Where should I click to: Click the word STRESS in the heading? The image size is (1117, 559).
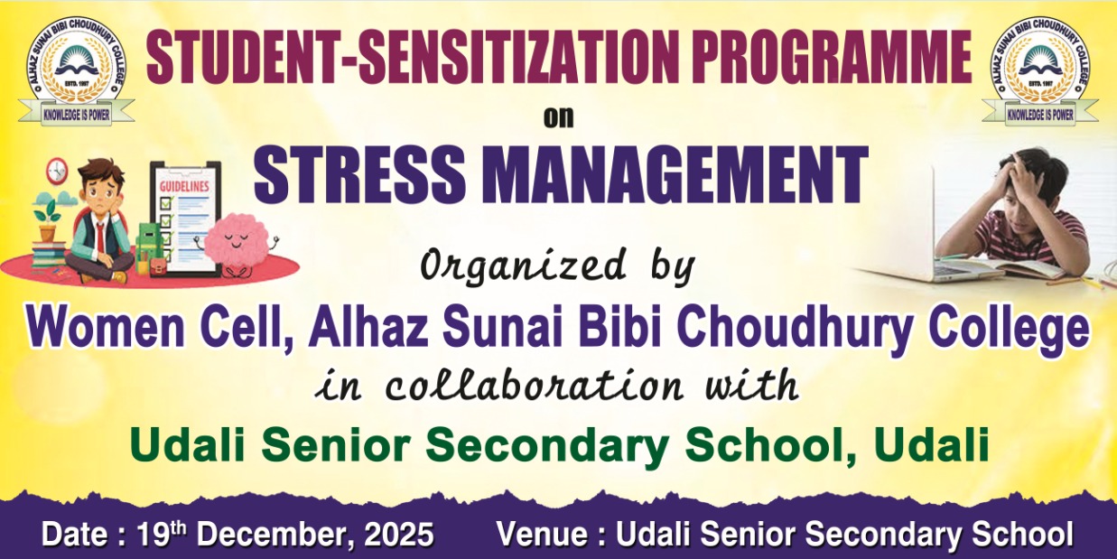(x=359, y=174)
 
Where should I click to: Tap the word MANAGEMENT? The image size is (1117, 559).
(x=675, y=174)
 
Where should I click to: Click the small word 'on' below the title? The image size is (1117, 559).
(x=558, y=118)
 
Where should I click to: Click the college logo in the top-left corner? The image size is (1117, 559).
(x=76, y=73)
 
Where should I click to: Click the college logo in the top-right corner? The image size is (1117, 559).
(x=1040, y=73)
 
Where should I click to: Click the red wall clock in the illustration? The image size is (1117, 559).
(x=58, y=171)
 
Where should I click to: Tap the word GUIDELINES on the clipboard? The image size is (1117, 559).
(x=184, y=187)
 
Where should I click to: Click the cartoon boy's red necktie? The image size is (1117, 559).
(x=100, y=243)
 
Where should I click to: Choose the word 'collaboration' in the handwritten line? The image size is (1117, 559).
(x=534, y=385)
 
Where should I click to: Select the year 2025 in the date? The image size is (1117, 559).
(x=399, y=534)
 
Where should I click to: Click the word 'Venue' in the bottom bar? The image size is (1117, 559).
(x=543, y=534)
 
